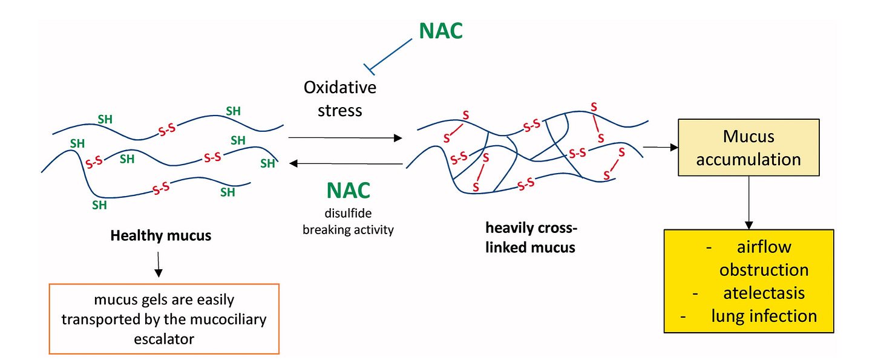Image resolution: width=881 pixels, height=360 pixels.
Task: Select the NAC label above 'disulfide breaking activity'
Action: tap(348, 190)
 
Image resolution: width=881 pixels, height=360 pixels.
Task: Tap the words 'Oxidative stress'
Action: tap(339, 99)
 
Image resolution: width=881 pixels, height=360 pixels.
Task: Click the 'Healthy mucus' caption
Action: tap(160, 235)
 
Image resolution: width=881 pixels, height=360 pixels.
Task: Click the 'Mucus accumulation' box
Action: tap(748, 147)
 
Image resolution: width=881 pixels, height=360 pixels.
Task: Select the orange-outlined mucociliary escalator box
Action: tap(164, 319)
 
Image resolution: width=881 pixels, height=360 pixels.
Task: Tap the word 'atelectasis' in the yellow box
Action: tap(764, 293)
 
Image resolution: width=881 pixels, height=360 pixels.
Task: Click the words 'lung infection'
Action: tap(764, 315)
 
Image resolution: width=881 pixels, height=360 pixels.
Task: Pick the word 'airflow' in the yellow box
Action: tap(764, 247)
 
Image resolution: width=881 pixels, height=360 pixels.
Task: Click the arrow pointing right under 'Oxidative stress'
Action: tap(345, 138)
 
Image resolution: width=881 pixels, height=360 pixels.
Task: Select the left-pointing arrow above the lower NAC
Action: tap(346, 163)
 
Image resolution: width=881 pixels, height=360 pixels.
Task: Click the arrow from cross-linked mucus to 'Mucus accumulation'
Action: tap(659, 146)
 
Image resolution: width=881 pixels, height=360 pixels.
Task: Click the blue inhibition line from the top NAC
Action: tap(390, 53)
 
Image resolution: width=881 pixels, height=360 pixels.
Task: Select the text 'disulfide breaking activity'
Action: tap(348, 223)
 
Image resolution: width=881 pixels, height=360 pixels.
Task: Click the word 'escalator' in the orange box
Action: tap(164, 338)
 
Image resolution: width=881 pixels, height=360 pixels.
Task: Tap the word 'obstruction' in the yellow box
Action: tap(764, 270)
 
